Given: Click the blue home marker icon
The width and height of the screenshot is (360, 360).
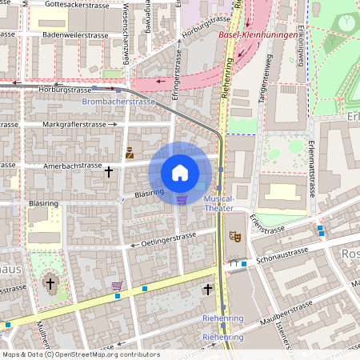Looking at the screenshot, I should coord(180,173).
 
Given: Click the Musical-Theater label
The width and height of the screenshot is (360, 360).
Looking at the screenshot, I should coord(219,203).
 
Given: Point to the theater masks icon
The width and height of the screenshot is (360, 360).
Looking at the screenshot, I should coord(234,236).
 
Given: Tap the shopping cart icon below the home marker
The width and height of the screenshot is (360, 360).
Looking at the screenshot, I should coord(182,200).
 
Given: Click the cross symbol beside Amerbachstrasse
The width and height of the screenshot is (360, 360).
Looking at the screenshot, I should coord(109,171).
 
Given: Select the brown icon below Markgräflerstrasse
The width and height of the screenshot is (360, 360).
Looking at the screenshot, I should coord(130,152).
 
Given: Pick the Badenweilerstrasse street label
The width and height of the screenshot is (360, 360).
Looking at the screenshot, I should coord(74,35).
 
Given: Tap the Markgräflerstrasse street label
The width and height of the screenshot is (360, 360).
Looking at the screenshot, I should coord(74,125).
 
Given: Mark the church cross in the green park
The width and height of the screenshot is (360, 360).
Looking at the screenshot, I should coord(50,283).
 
